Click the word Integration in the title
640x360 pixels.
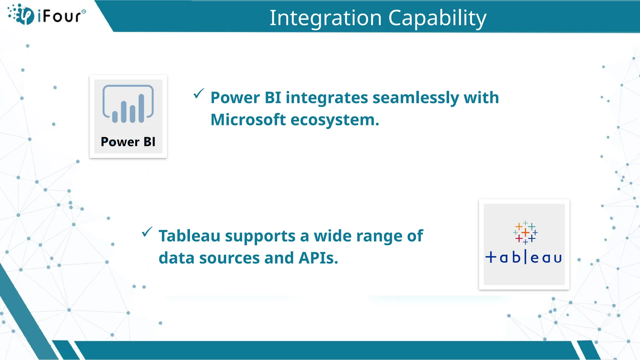click(325, 18)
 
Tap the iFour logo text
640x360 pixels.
click(60, 16)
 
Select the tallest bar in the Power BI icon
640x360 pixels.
click(141, 108)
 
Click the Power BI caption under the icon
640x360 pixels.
click(128, 142)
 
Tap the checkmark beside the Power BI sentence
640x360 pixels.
click(198, 93)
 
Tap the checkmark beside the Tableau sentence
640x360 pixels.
click(147, 232)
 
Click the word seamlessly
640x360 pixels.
click(416, 97)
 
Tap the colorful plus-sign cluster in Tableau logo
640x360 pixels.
click(525, 232)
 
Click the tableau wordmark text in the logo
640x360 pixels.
click(524, 257)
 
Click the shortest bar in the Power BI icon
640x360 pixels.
click(115, 117)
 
